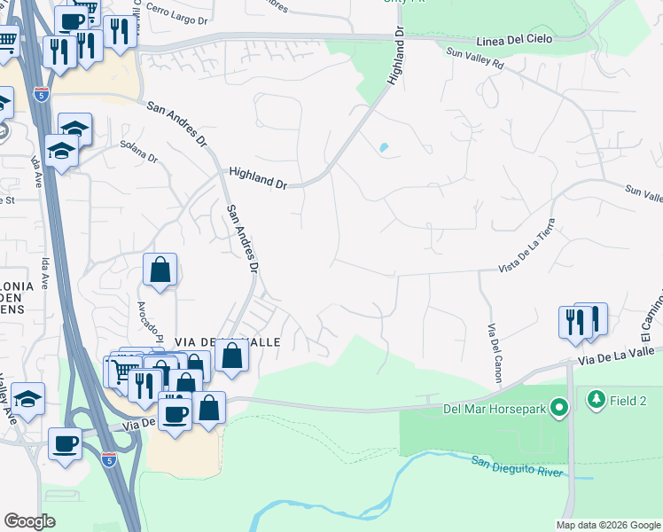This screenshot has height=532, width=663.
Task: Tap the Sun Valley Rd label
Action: [x=474, y=59]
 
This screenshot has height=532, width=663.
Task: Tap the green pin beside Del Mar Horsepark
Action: [x=558, y=409]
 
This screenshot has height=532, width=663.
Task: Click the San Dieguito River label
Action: [x=517, y=466]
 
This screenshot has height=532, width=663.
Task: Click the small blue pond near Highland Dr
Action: [x=383, y=147]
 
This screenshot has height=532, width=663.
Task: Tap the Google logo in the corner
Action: [x=29, y=521]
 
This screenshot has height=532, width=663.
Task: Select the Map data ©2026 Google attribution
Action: [x=607, y=525]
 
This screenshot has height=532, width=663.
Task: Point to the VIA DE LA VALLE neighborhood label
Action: [x=215, y=342]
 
